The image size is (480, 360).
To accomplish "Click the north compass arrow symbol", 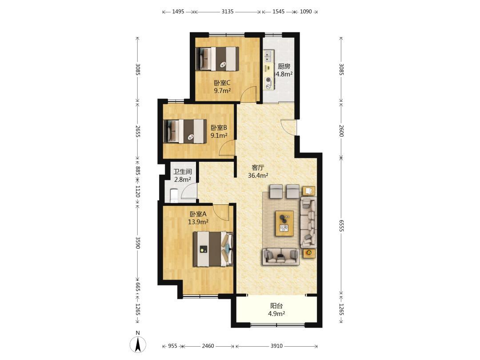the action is click(x=138, y=344).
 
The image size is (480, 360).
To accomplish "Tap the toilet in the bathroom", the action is click(x=174, y=196).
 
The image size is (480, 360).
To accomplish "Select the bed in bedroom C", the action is click(x=217, y=59).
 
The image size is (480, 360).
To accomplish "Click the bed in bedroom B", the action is click(x=185, y=131).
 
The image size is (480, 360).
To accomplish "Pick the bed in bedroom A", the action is click(x=213, y=249).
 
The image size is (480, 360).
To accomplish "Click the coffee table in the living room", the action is click(x=285, y=223).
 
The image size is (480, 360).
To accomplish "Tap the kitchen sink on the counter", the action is click(x=268, y=56).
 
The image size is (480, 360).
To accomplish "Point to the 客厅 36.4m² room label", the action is click(x=258, y=172).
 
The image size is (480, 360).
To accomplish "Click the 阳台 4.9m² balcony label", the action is click(x=276, y=309).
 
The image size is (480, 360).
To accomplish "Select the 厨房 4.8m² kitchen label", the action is click(x=284, y=70).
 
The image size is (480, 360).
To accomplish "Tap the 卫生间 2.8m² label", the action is click(x=183, y=176).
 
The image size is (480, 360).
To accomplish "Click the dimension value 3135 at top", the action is click(x=228, y=12).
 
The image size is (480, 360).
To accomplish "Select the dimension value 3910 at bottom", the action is click(x=276, y=346).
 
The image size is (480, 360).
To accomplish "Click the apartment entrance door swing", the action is click(x=288, y=127).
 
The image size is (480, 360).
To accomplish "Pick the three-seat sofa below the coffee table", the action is click(x=281, y=256).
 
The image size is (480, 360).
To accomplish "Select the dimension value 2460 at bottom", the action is click(x=208, y=346).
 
